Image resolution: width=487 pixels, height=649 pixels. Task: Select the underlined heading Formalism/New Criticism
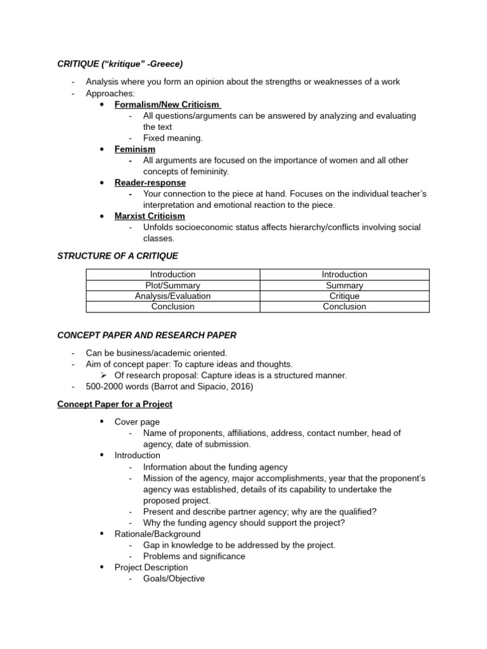tap(167, 105)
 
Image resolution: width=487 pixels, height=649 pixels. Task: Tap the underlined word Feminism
tap(134, 149)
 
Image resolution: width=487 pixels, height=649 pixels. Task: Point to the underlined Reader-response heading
tap(150, 183)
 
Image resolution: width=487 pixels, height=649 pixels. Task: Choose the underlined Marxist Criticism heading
tap(150, 216)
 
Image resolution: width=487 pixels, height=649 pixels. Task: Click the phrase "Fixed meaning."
tap(172, 138)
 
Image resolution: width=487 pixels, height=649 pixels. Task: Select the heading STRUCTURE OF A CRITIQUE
tap(117, 256)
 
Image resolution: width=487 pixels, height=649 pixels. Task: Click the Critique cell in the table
tap(344, 296)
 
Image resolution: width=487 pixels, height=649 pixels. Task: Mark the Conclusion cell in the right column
tap(344, 307)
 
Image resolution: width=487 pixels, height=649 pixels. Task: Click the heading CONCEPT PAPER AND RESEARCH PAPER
tap(146, 335)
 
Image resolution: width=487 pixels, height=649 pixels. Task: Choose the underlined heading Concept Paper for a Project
tap(115, 404)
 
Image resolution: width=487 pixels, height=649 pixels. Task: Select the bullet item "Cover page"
tap(137, 422)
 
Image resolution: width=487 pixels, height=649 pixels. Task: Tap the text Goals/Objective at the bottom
tap(174, 579)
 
